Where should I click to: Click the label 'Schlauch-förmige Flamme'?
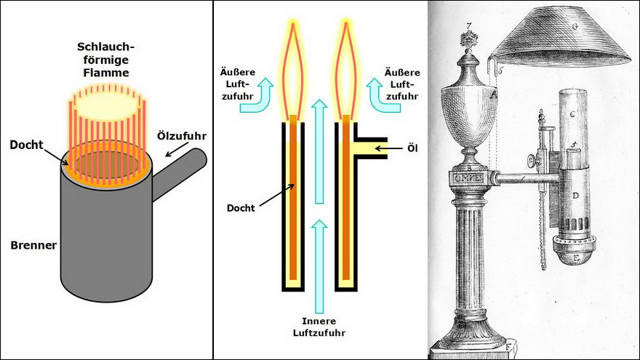click(x=105, y=60)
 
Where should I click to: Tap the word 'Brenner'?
click(x=33, y=245)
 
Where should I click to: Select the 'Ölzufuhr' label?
click(x=182, y=136)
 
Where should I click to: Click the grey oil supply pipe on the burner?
click(x=180, y=174)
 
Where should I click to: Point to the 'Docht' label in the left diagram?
click(x=26, y=145)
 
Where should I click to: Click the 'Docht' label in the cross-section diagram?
click(x=241, y=208)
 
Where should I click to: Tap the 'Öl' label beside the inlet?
click(x=412, y=148)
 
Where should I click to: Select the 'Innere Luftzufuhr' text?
click(x=319, y=327)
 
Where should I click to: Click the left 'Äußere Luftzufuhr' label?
click(x=238, y=84)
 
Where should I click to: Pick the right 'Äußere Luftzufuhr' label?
click(x=402, y=84)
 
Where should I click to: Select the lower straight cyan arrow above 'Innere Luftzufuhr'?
click(x=319, y=266)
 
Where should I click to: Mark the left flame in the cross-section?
click(x=293, y=69)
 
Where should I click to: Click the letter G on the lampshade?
click(x=575, y=27)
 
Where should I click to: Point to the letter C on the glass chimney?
click(x=572, y=114)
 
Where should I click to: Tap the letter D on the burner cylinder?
click(x=575, y=196)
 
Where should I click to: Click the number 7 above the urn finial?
click(x=469, y=26)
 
